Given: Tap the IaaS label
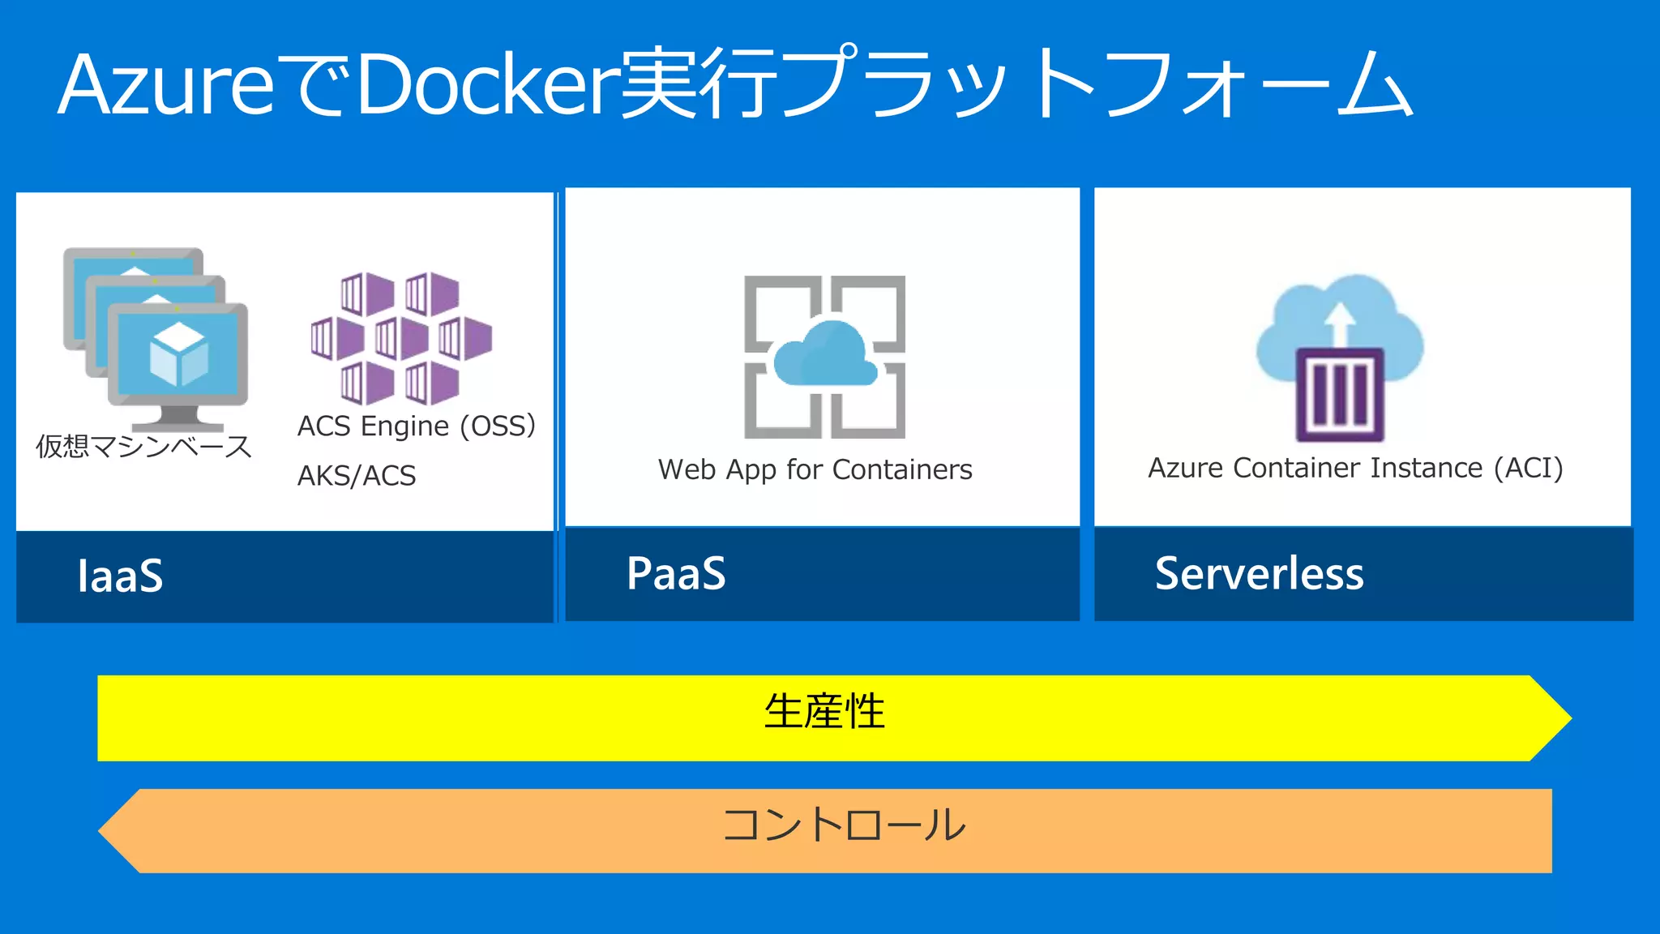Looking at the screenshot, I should click(x=120, y=576).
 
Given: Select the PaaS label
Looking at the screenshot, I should click(x=676, y=573).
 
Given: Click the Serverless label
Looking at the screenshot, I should click(x=1259, y=573).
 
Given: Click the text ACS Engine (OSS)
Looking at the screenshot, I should click(x=417, y=426).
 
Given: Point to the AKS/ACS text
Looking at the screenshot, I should click(x=357, y=475).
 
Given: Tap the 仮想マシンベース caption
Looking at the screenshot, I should click(x=143, y=446).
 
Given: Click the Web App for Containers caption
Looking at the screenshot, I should click(x=815, y=469).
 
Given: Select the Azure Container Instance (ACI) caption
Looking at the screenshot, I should click(x=1355, y=468).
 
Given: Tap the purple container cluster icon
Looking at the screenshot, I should click(x=401, y=338).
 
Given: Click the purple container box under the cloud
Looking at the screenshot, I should click(x=1339, y=395).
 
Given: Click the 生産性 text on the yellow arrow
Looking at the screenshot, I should click(x=824, y=711).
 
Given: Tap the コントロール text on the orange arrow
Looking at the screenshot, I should click(x=844, y=825).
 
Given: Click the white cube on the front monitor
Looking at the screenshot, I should click(x=178, y=354).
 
